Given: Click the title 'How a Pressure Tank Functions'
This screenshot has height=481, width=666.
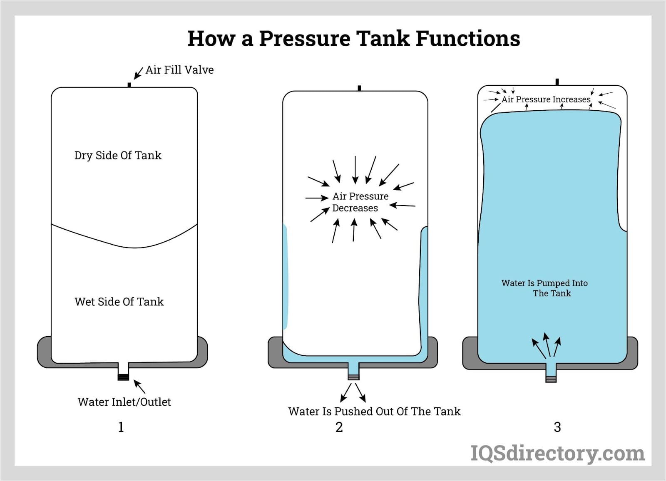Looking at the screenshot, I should click(x=353, y=38).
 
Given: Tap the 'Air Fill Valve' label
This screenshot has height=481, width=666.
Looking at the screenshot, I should click(x=179, y=69).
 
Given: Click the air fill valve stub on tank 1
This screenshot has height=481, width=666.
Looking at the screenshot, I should click(x=129, y=85).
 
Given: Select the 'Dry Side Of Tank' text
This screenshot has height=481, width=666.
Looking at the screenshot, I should click(x=118, y=155).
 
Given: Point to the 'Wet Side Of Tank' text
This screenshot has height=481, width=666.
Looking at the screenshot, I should click(x=119, y=302).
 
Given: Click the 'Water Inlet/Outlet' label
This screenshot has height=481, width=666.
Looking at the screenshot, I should click(x=124, y=402).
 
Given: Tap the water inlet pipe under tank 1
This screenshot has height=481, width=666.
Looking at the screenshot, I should click(x=123, y=371).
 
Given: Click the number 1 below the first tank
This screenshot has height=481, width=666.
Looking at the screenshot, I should click(x=121, y=427).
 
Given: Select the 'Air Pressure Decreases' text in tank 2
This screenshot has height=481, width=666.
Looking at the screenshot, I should click(x=360, y=202).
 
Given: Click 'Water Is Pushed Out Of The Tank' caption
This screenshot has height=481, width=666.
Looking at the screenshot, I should click(x=374, y=412).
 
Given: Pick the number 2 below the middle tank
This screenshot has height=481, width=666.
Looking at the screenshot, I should click(x=339, y=427).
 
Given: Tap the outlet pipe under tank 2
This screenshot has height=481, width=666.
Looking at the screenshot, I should click(x=353, y=371).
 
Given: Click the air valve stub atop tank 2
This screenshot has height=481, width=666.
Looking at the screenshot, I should click(x=359, y=88).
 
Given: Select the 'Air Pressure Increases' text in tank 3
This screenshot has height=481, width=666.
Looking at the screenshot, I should click(x=546, y=99).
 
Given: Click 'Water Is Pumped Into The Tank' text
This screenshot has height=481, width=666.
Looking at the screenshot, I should click(x=544, y=288).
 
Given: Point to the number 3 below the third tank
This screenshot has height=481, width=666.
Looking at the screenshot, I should click(x=557, y=427).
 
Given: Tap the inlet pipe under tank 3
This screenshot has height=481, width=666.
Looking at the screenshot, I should click(x=551, y=373).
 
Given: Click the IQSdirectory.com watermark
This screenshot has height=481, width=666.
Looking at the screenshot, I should click(x=557, y=453).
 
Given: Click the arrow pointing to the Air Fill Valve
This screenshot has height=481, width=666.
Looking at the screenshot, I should click(x=138, y=73).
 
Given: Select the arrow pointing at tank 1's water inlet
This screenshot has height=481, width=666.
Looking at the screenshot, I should click(x=139, y=387).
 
